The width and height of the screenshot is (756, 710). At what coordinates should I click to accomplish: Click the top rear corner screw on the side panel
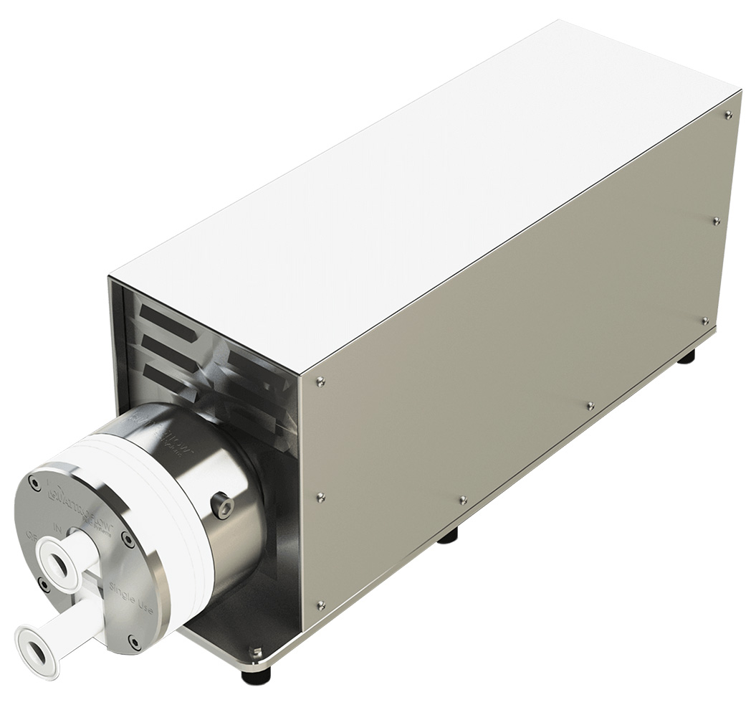(x=728, y=115)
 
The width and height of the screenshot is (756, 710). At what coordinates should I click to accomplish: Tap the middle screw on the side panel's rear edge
(x=717, y=221)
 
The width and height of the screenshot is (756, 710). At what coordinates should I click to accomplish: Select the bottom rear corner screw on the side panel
(x=705, y=321)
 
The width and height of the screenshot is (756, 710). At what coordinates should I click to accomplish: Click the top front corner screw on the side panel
(x=320, y=382)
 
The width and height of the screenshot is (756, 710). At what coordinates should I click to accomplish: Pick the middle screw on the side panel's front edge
(x=320, y=496)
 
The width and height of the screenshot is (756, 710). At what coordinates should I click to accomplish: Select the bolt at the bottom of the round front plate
(x=133, y=640)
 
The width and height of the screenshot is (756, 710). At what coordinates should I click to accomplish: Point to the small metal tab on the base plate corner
(x=256, y=652)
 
